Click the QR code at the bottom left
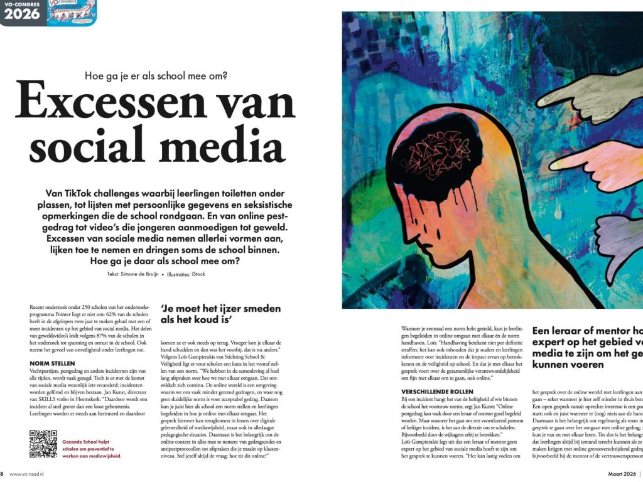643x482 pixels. [x=43, y=444]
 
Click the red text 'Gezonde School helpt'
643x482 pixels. [x=89, y=442]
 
